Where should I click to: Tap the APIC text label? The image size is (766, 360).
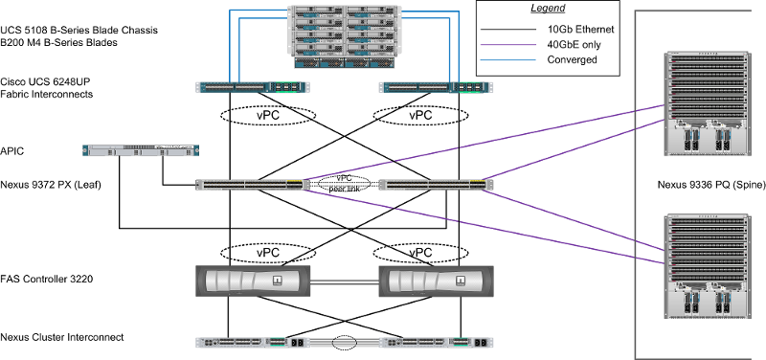(x=12, y=150)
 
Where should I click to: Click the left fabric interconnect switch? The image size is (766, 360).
(x=253, y=86)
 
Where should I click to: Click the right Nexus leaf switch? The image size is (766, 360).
(x=437, y=184)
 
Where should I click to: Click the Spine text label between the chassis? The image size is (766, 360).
(x=709, y=184)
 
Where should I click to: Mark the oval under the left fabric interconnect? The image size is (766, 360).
(x=267, y=116)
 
